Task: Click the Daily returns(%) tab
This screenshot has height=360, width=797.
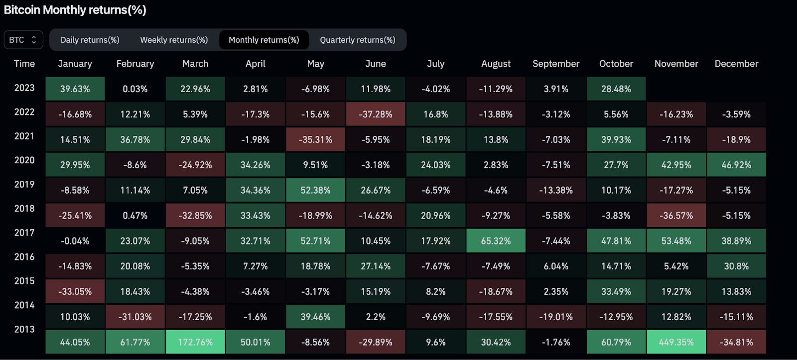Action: click(x=90, y=40)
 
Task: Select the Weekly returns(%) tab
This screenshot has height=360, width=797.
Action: click(x=174, y=40)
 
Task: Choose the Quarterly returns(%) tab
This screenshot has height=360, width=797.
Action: click(x=357, y=40)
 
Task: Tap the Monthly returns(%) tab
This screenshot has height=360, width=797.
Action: click(x=264, y=40)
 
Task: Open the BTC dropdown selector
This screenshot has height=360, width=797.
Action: click(x=23, y=40)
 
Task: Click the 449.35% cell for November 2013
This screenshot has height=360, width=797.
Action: click(x=676, y=342)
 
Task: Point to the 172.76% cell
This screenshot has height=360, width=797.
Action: click(x=195, y=342)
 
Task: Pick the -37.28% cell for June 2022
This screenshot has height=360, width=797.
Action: click(x=376, y=114)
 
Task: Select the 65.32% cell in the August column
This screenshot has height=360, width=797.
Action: click(x=496, y=241)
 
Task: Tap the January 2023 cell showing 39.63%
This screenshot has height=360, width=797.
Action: click(x=75, y=89)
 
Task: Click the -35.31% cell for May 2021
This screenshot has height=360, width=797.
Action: click(x=315, y=139)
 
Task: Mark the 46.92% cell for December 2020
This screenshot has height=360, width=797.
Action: click(x=736, y=165)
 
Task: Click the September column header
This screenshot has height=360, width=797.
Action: click(x=556, y=64)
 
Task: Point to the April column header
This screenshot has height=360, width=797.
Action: click(x=255, y=64)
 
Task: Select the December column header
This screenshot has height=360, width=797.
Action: click(x=736, y=64)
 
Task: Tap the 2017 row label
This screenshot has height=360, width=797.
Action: click(x=24, y=233)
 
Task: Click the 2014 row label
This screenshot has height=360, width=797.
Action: click(x=24, y=305)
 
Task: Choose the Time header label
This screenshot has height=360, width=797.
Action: click(x=24, y=64)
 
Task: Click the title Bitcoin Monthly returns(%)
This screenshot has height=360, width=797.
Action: click(x=75, y=10)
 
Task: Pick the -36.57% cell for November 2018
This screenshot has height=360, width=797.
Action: click(x=676, y=216)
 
